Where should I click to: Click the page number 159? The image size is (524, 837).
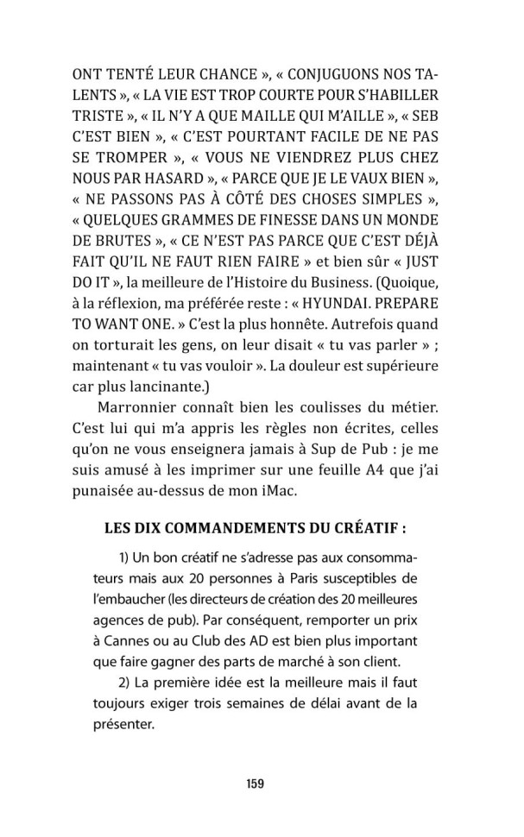click(254, 784)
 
